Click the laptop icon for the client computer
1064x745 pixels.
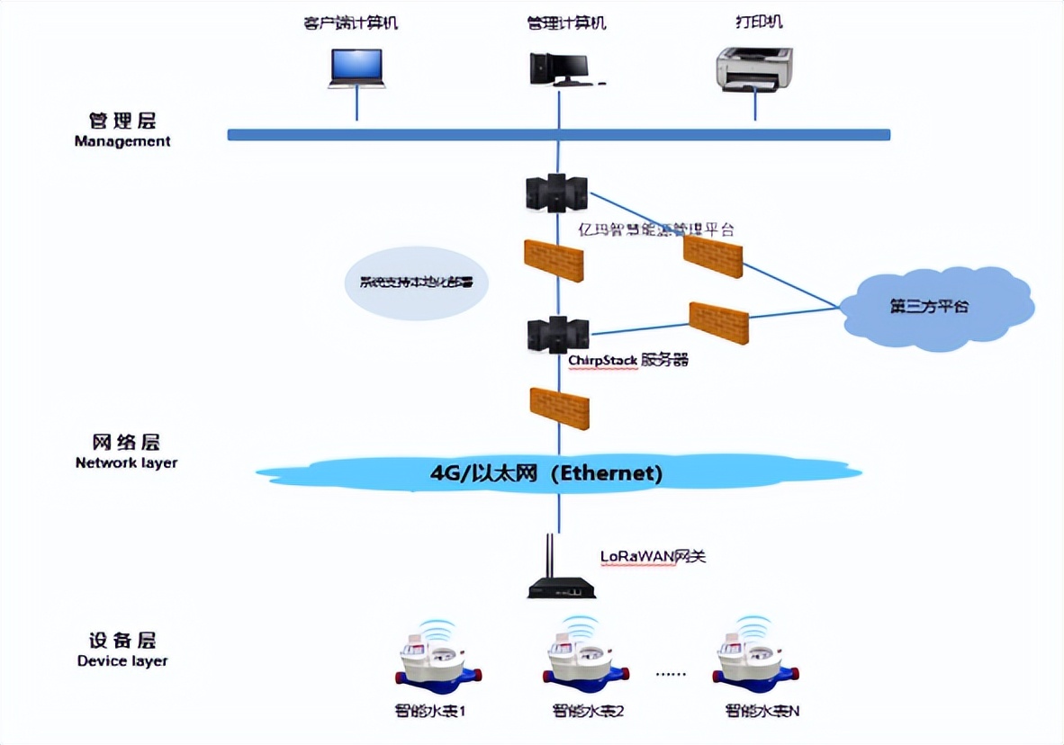click(x=356, y=67)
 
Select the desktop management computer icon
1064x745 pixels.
click(x=562, y=68)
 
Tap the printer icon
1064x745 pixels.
click(x=753, y=69)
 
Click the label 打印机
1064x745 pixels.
click(x=753, y=22)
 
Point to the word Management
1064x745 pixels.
click(x=122, y=141)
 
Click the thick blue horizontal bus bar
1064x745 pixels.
click(x=558, y=135)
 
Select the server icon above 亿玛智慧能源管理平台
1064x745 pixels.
click(x=556, y=193)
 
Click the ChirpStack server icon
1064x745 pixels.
click(x=557, y=334)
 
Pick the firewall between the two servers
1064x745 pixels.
click(x=554, y=261)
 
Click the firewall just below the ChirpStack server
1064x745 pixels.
click(x=559, y=408)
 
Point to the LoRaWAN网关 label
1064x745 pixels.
click(x=653, y=556)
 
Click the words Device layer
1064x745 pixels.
click(x=122, y=661)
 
